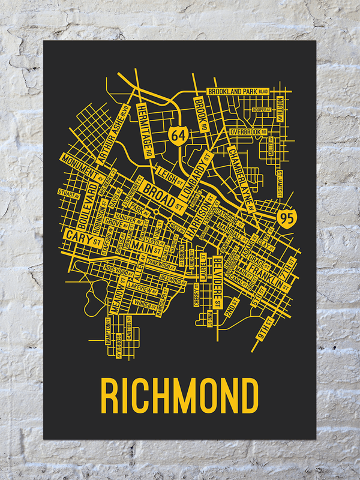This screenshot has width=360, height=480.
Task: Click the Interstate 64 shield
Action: click(x=178, y=134)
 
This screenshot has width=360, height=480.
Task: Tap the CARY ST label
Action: click(x=82, y=237)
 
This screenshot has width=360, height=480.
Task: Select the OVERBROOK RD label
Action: click(x=247, y=131)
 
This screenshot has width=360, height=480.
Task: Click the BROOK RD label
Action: click(x=201, y=113)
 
